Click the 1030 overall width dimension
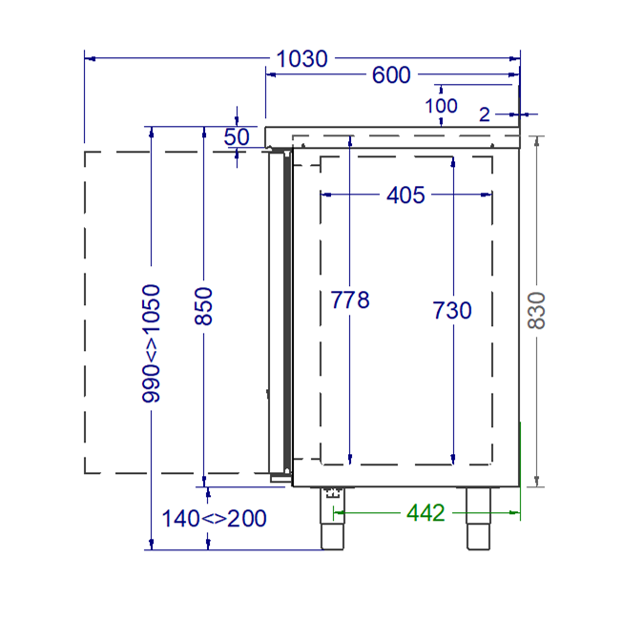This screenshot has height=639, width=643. coord(302,58)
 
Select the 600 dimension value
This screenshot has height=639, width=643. coord(391,75)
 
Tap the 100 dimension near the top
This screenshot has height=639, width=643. coord(441,106)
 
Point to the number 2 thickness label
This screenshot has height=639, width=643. coord(485,114)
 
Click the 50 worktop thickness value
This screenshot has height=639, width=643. coord(237,137)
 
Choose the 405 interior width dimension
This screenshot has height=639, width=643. coord(405,196)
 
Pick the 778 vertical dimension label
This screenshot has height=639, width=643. coord(350,299)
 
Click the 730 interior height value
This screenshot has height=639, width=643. coord(452,310)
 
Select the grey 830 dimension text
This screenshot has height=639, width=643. coord(536,311)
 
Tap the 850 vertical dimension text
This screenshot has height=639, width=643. coord(203,306)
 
